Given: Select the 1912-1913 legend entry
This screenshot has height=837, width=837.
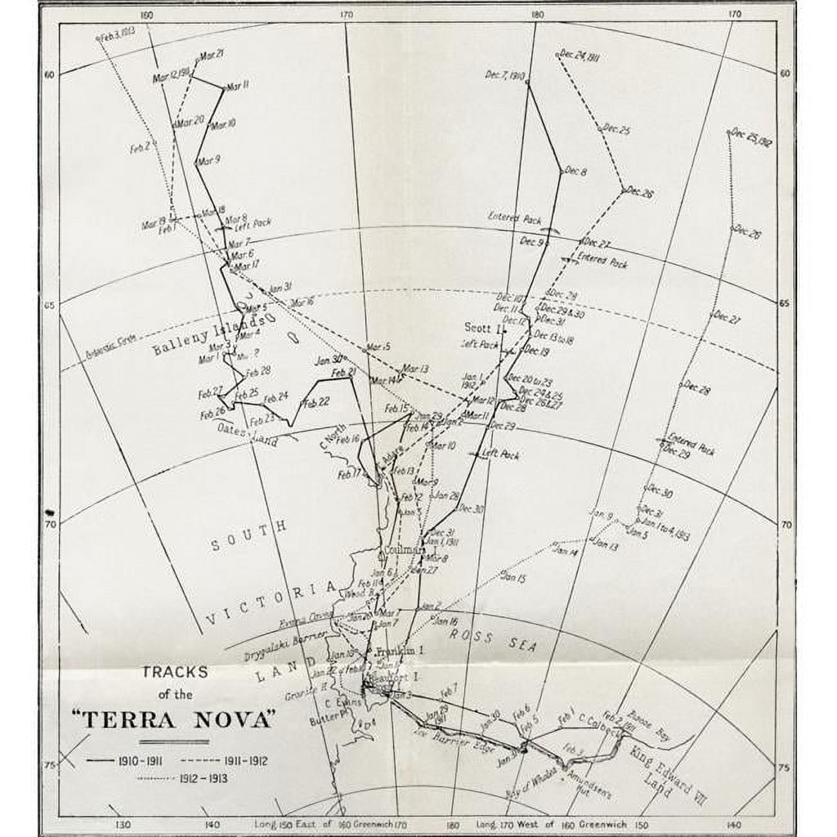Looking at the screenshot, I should point(183,778).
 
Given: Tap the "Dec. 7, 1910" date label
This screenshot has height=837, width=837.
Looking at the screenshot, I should point(506,75).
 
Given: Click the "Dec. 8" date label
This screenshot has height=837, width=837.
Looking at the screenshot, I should point(575,172).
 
